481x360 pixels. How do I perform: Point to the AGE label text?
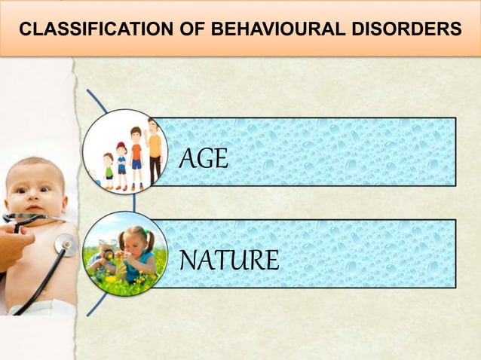pos(204,159)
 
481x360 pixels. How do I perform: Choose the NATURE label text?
pos(229,261)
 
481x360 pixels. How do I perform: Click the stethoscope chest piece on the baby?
pos(65,244)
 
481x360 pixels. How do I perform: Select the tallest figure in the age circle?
pos(155,151)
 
